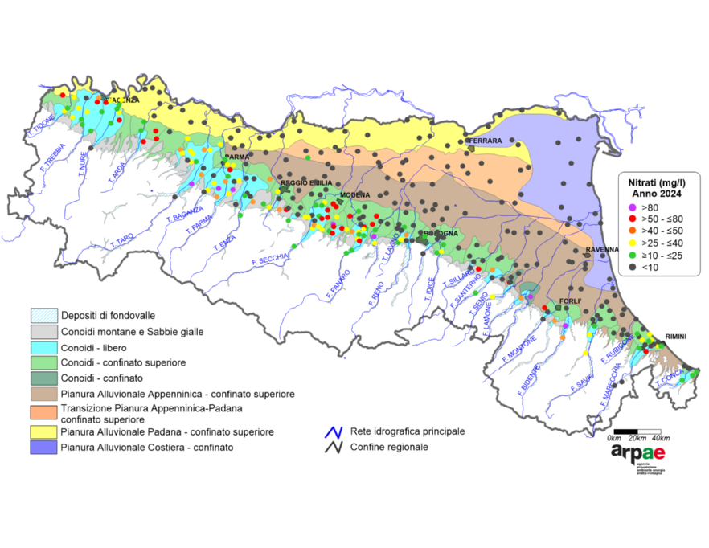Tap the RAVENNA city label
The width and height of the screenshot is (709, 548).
click(601, 250)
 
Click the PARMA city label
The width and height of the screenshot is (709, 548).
click(237, 157)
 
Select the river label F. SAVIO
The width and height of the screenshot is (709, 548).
click(582, 381)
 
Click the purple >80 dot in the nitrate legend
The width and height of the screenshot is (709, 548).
click(633, 207)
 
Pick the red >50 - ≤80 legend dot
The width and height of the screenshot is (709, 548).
click(633, 219)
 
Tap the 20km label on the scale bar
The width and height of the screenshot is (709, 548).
click(637, 438)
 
